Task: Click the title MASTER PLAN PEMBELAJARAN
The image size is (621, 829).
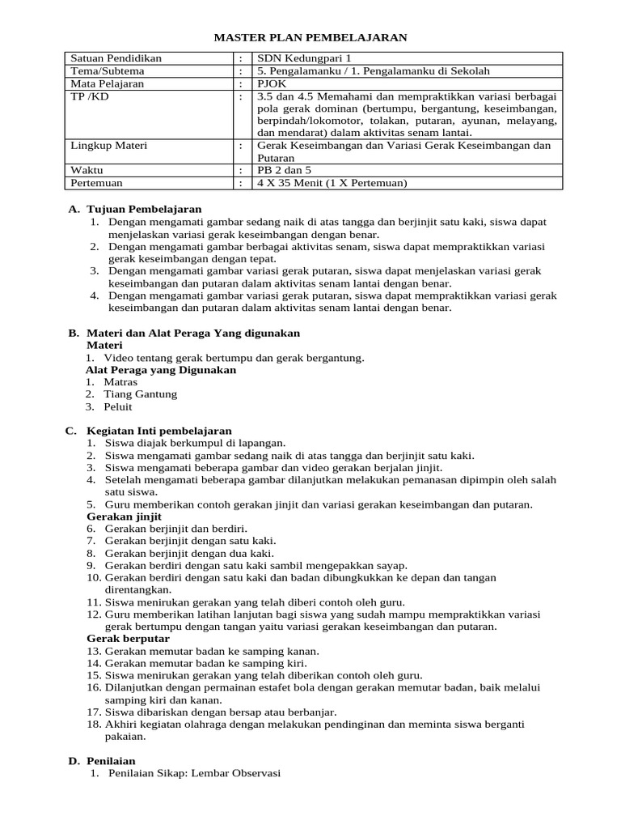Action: coord(310,37)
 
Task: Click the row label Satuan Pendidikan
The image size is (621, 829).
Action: coord(116,58)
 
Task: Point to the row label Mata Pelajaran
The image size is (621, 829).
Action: coord(108,83)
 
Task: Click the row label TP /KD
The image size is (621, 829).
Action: coord(90,96)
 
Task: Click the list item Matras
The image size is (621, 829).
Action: coord(121,382)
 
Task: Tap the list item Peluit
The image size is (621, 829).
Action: coord(118,407)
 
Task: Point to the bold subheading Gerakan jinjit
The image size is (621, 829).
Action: coord(124,517)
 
